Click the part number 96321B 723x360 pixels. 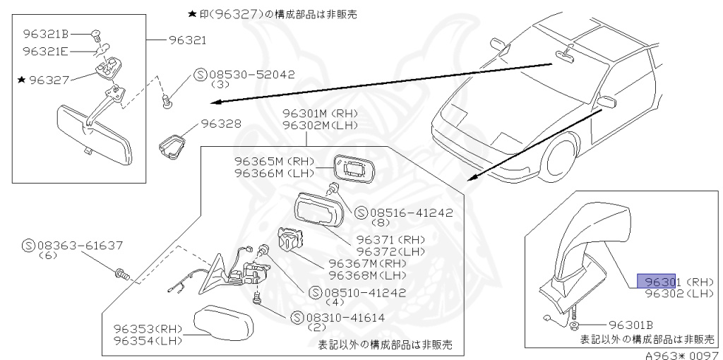pyautogui.click(x=45, y=33)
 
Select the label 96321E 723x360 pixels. pyautogui.click(x=45, y=51)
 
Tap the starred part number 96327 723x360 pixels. pyautogui.click(x=49, y=80)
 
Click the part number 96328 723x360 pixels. pyautogui.click(x=221, y=123)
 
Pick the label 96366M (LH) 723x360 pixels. pyautogui.click(x=273, y=174)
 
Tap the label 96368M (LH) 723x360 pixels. pyautogui.click(x=367, y=275)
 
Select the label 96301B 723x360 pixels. pyautogui.click(x=633, y=325)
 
